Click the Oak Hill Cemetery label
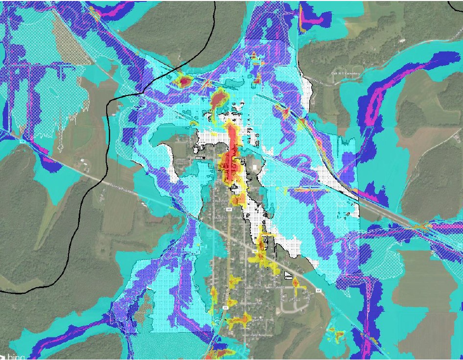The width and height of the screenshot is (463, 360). point(345,74)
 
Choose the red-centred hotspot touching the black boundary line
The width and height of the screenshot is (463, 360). point(183,80)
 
